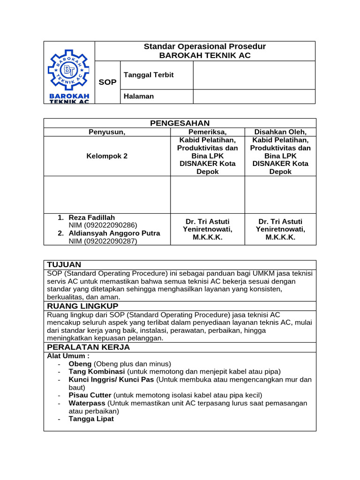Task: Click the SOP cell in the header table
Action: click(107, 82)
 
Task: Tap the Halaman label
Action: click(138, 96)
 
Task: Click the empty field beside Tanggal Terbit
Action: click(254, 75)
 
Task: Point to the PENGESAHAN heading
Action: click(180, 123)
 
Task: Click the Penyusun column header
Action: click(107, 132)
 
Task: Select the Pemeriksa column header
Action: click(208, 132)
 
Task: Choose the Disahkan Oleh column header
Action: click(280, 132)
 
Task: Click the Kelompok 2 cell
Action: click(107, 156)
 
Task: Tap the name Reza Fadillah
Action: click(91, 217)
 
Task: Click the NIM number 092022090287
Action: click(103, 241)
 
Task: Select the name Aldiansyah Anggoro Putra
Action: click(114, 233)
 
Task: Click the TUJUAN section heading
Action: click(64, 265)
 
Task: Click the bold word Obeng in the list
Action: click(80, 364)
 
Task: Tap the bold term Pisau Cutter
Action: click(90, 395)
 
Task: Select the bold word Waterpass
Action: click(87, 403)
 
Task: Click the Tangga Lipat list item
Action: click(91, 419)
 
